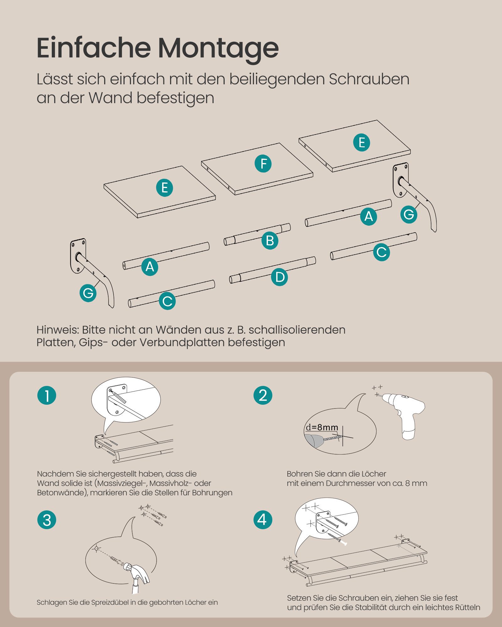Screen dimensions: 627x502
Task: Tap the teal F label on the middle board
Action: pyautogui.click(x=263, y=164)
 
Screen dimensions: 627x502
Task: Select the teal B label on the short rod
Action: pyautogui.click(x=270, y=241)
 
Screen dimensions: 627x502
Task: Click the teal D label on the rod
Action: pyautogui.click(x=280, y=277)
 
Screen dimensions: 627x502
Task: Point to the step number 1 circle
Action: pyautogui.click(x=47, y=395)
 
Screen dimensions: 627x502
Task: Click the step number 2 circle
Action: pyautogui.click(x=263, y=395)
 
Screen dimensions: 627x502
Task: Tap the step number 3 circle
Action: pyautogui.click(x=47, y=520)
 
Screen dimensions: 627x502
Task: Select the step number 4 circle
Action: pyautogui.click(x=263, y=520)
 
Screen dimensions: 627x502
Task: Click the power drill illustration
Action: pyautogui.click(x=405, y=411)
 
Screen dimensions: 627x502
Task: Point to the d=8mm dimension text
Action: pyautogui.click(x=322, y=427)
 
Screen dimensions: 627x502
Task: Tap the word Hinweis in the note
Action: pyautogui.click(x=57, y=330)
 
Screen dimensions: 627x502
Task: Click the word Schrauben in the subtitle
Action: pyautogui.click(x=369, y=79)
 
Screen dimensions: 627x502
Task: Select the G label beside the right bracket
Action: pyautogui.click(x=409, y=215)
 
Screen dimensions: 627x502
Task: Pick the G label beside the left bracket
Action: pyautogui.click(x=88, y=293)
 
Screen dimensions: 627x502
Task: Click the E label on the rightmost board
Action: pyautogui.click(x=361, y=143)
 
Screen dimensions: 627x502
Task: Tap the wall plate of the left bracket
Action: pyautogui.click(x=78, y=256)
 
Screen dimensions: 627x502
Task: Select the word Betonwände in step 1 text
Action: pyautogui.click(x=61, y=493)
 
